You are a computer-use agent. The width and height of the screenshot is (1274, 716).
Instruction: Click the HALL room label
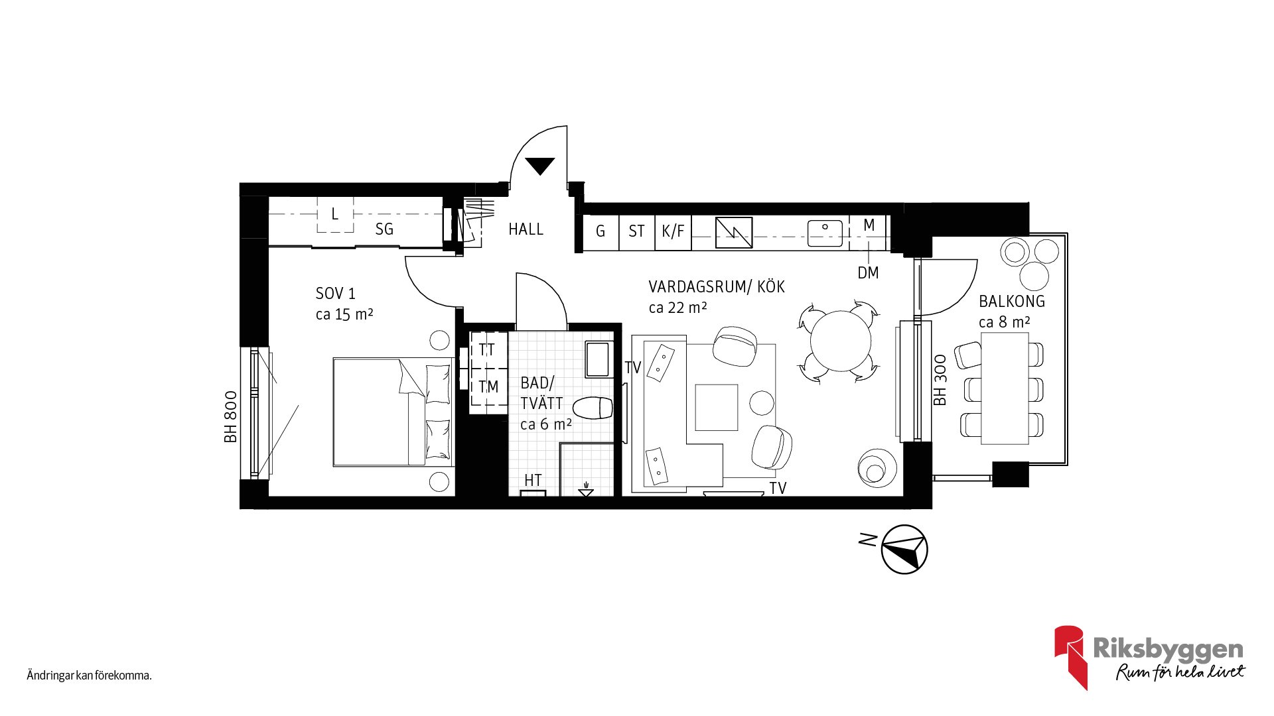click(526, 229)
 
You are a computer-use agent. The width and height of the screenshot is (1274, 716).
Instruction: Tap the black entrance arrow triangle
click(539, 166)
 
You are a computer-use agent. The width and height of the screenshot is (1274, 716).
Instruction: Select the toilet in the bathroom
click(593, 408)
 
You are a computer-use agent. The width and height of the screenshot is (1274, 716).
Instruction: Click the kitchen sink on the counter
click(825, 233)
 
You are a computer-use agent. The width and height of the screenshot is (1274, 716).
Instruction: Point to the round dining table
click(841, 341)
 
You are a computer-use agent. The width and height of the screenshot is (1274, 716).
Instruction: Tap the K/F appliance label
click(673, 231)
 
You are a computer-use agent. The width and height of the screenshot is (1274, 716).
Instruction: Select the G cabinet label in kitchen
click(601, 231)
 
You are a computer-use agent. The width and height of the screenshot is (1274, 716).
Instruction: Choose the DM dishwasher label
click(868, 272)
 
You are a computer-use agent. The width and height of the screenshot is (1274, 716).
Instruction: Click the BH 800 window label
click(230, 417)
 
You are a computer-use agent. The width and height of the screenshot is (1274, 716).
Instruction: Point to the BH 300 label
click(940, 381)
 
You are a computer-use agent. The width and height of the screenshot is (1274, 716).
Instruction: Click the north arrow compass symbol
click(904, 549)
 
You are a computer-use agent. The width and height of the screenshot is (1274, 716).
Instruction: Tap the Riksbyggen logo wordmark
click(1168, 648)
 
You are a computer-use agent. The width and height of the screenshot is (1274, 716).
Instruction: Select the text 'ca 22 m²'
click(677, 308)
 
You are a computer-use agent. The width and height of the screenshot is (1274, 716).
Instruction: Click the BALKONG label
click(1012, 302)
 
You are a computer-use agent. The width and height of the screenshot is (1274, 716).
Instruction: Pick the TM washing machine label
click(488, 387)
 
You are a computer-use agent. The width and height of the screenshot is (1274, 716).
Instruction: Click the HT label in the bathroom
click(533, 480)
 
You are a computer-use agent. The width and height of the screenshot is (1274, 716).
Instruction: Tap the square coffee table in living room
click(717, 408)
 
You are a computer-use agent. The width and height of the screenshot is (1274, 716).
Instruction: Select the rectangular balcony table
click(1005, 388)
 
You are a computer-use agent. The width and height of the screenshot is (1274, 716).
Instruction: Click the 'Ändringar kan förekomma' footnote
click(90, 676)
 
